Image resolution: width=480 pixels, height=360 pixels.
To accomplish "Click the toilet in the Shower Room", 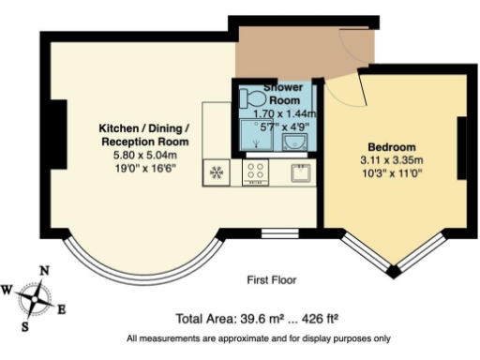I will pyautogui.click(x=252, y=97).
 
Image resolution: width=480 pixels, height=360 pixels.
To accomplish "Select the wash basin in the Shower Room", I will pyautogui.click(x=295, y=141).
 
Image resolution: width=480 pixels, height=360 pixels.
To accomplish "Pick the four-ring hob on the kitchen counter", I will pyautogui.click(x=255, y=171).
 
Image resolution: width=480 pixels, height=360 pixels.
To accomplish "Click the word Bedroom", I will pyautogui.click(x=391, y=147).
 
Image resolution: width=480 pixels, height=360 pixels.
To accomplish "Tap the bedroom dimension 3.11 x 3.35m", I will pyautogui.click(x=391, y=160).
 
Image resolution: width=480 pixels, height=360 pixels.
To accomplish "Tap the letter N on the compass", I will pyautogui.click(x=43, y=271).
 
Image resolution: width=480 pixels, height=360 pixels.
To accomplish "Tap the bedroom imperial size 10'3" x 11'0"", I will pyautogui.click(x=391, y=173).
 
